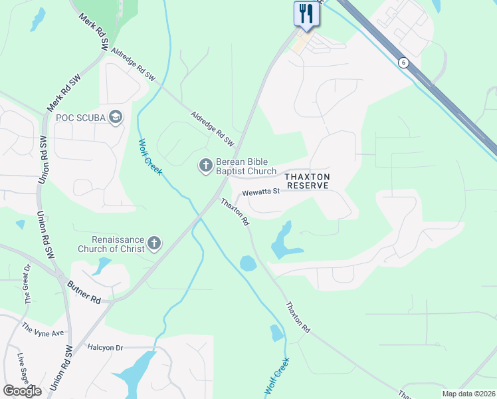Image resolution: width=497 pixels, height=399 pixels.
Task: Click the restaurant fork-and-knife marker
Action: coord(306,14)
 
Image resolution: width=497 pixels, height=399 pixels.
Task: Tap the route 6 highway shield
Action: coord(403,63)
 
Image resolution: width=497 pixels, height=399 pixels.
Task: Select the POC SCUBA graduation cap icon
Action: coord(116,118)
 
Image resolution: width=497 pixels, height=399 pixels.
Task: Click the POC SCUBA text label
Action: coord(81,118)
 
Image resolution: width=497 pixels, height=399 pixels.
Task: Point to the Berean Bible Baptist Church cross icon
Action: coord(205,164)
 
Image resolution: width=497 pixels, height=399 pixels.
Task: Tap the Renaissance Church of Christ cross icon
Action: coord(154,243)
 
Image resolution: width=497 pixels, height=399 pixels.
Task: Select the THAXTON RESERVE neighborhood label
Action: coord(306,181)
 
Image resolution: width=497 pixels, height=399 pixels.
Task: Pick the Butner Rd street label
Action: coord(84,291)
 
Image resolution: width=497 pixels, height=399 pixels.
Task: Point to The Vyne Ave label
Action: coord(43,329)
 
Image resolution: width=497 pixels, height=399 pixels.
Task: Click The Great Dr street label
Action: coord(28,284)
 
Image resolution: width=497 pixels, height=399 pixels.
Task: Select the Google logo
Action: coord(22,391)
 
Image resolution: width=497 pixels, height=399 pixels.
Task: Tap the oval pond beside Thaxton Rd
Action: coord(247,263)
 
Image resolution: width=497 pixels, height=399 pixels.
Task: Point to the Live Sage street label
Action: coord(23,367)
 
